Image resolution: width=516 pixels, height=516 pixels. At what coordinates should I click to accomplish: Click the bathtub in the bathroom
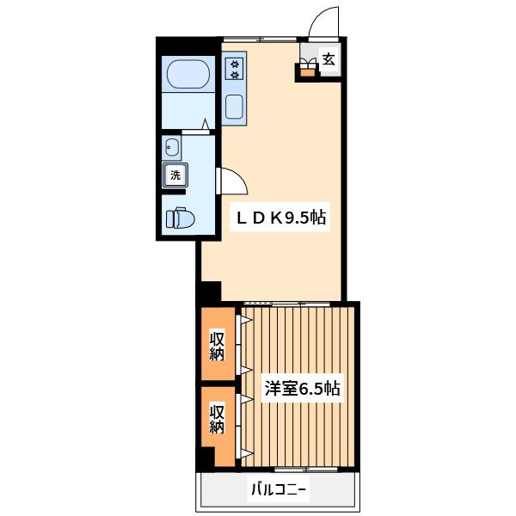tap(188, 74)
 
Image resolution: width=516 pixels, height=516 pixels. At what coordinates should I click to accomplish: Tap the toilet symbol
tap(180, 218)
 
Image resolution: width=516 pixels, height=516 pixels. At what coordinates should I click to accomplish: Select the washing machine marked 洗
tap(175, 175)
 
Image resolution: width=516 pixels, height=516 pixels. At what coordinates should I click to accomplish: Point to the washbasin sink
tap(171, 147)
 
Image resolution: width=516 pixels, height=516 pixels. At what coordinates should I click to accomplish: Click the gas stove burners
tap(234, 69)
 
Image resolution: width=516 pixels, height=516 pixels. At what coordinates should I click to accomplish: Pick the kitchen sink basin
tap(234, 107)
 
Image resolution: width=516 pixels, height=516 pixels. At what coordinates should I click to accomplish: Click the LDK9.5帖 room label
tap(281, 218)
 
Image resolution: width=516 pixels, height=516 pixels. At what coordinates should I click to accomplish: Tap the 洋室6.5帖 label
tap(303, 389)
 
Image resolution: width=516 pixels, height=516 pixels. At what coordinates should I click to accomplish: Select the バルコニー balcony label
tap(279, 489)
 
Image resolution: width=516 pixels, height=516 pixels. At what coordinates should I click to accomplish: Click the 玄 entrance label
tap(329, 59)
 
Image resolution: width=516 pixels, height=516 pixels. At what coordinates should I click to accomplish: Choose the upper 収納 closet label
tap(218, 347)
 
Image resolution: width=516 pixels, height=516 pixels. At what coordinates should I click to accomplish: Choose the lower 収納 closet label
tap(218, 419)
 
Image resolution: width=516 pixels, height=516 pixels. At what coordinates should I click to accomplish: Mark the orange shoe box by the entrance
tap(309, 72)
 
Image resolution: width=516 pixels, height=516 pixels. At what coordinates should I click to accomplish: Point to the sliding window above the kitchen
tap(261, 40)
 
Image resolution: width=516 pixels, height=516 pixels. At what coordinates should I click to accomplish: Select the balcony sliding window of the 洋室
tap(306, 470)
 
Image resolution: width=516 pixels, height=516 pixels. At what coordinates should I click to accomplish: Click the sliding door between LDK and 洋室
tap(286, 304)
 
